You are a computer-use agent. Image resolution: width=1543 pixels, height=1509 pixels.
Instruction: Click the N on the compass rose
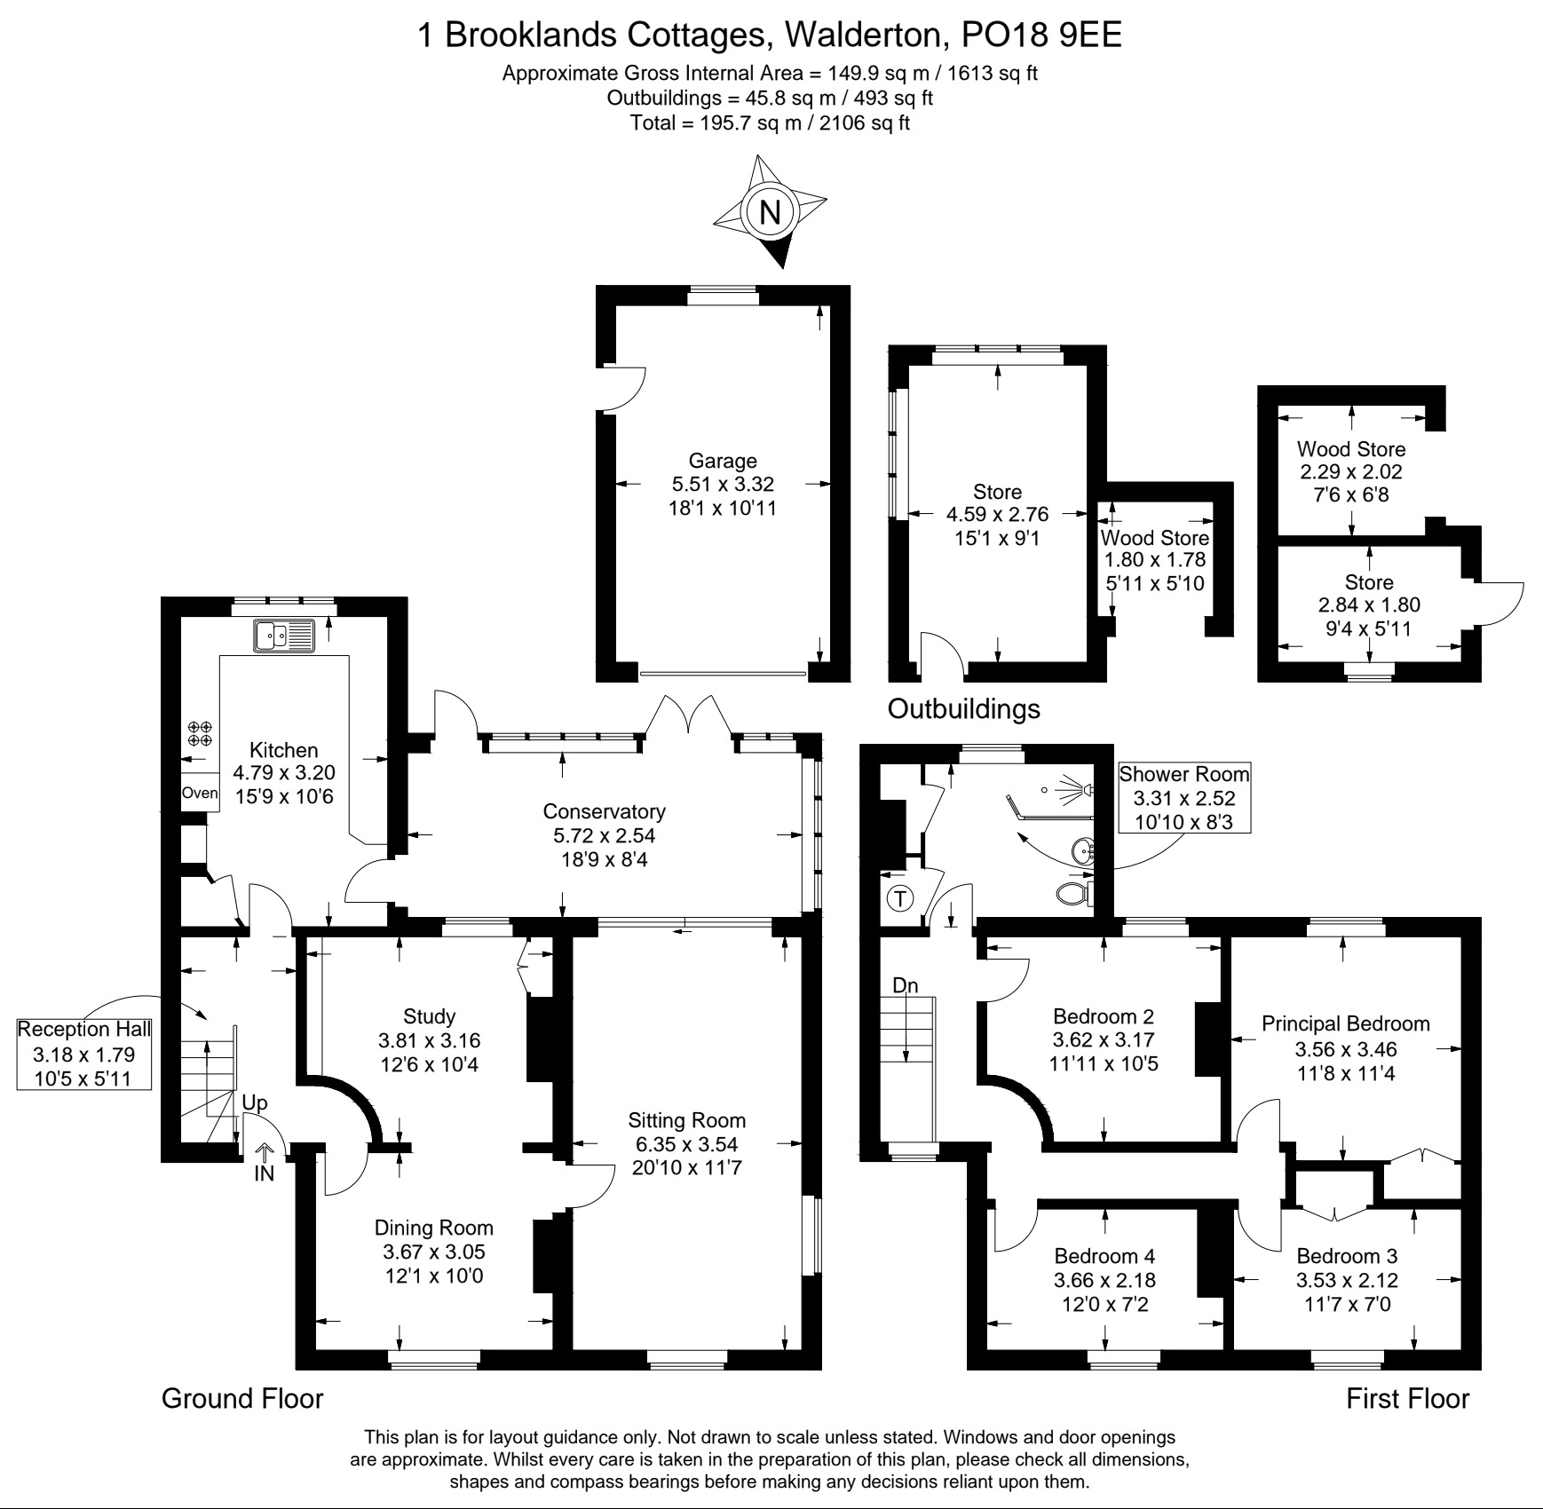click(x=770, y=213)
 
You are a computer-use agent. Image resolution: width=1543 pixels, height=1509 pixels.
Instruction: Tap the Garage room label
click(x=723, y=461)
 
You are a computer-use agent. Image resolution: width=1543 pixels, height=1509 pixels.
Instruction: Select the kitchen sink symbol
click(x=284, y=636)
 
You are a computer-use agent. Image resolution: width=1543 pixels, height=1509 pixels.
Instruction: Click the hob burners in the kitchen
click(x=200, y=733)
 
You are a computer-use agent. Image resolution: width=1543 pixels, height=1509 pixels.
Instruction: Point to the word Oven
click(x=200, y=793)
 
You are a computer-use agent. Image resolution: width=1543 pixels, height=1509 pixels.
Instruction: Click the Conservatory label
click(x=604, y=811)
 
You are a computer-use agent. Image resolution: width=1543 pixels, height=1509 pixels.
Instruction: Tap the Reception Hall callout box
click(x=84, y=1055)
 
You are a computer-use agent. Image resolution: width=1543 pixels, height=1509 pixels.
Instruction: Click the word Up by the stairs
click(x=255, y=1103)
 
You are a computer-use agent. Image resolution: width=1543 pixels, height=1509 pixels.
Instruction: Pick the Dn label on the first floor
click(x=905, y=985)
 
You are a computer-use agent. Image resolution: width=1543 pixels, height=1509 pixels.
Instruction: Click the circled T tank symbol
click(x=901, y=899)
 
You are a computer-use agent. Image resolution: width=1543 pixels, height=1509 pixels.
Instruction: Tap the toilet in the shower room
click(x=1075, y=891)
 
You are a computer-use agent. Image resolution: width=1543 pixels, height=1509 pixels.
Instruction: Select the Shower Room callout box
click(x=1183, y=798)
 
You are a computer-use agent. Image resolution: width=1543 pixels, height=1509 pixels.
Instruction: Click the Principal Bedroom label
click(x=1346, y=1023)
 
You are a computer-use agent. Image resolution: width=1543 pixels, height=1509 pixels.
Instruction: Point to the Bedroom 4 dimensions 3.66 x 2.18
click(x=1104, y=1280)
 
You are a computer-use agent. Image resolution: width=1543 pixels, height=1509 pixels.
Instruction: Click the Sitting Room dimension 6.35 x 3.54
click(x=686, y=1144)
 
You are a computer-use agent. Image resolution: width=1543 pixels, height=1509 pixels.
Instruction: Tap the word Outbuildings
click(x=963, y=708)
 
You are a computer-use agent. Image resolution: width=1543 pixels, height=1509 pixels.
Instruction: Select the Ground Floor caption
click(x=242, y=1398)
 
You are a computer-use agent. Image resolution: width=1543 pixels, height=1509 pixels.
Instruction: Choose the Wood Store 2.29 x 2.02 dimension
click(x=1351, y=471)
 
